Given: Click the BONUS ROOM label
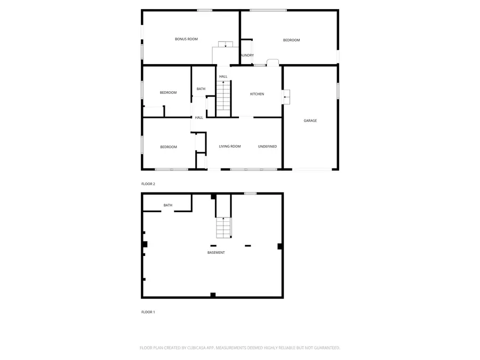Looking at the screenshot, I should tap(186, 39).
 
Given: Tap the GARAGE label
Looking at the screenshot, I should tap(310, 121).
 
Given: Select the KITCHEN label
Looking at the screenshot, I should tap(257, 94).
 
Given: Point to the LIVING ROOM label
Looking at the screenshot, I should tap(230, 146).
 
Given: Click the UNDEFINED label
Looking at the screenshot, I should tap(267, 146).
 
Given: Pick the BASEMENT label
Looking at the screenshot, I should tap(216, 252).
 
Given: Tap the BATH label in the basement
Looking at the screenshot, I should tap(168, 205).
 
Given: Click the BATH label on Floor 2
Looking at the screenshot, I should tap(201, 89).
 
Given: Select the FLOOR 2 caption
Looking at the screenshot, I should tap(148, 184).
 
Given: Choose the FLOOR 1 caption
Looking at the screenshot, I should tap(148, 312).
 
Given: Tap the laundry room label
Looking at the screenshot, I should tap(247, 55).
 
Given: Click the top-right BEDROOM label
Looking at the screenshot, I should tap(291, 40).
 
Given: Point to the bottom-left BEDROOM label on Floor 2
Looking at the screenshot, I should tap(169, 147).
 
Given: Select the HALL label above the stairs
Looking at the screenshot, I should tap(223, 77).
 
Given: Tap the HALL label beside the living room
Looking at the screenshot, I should tap(199, 117).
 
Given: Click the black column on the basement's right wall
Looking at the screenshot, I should tap(279, 246).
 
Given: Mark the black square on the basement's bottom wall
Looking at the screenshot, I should tap(213, 294).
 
